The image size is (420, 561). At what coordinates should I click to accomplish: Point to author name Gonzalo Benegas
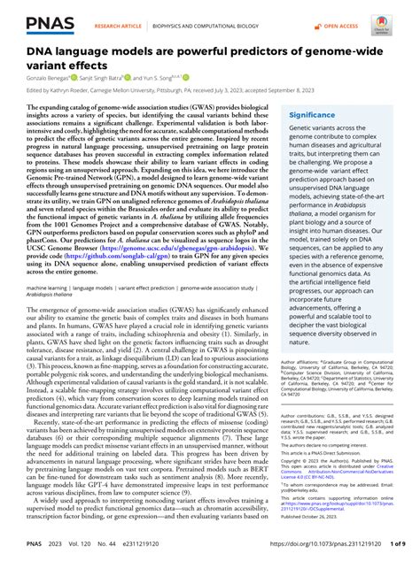45,78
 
